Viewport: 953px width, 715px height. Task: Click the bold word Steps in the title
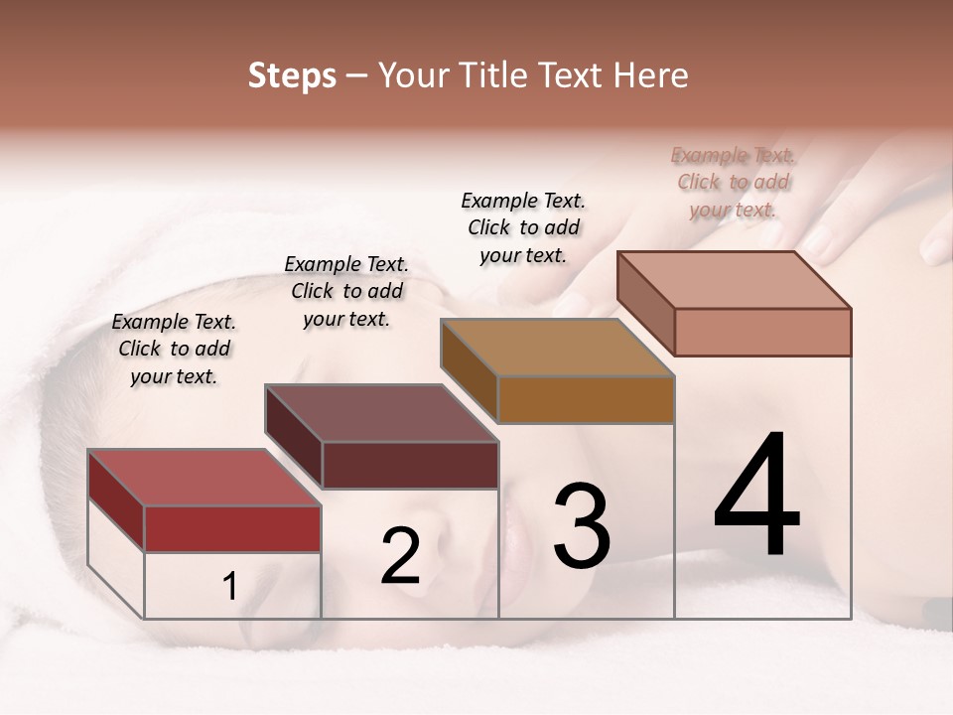[x=292, y=76]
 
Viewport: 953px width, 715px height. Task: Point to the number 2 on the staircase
[x=400, y=557]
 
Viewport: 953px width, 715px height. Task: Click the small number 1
[x=229, y=587]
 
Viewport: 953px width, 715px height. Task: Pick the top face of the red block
[x=204, y=478]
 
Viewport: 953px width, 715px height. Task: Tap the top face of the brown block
[x=557, y=348]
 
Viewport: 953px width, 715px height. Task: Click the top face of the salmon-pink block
[x=734, y=280]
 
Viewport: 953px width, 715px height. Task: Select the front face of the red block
[x=232, y=528]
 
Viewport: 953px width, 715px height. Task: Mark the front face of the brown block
[x=586, y=399]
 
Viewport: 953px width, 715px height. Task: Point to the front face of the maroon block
[x=410, y=465]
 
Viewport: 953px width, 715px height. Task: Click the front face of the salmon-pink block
[x=762, y=332]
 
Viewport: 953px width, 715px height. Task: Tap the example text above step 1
[x=174, y=349]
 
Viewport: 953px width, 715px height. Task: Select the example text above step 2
[x=346, y=291]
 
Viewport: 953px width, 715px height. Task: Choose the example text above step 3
[x=523, y=227]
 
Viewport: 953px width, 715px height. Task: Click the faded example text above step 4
[x=733, y=182]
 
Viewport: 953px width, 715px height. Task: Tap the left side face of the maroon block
[x=294, y=435]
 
